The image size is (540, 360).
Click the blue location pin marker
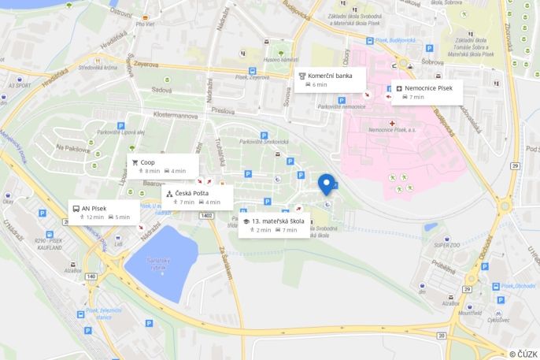point(326,183)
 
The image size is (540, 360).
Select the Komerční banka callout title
point(330,76)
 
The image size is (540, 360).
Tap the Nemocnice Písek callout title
point(427,88)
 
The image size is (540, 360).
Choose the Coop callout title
point(148,162)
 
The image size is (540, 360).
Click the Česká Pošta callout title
point(192,193)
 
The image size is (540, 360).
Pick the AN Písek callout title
point(94,209)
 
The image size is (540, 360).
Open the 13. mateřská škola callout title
point(278,221)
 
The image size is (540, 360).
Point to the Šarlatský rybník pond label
point(159,263)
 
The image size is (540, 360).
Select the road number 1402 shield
point(207,215)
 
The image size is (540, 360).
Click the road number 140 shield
point(91,276)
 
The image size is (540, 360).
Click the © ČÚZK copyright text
point(523,354)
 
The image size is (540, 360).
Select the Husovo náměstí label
point(281,60)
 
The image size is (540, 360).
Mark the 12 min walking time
point(94,217)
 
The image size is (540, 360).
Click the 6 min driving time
point(319,84)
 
